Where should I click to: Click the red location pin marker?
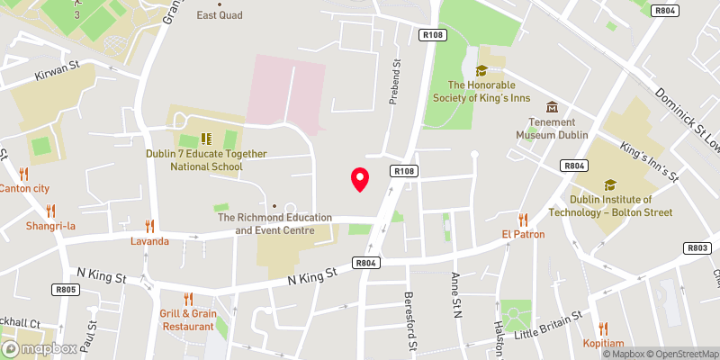[x=360, y=179]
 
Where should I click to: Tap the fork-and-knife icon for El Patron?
[x=523, y=220]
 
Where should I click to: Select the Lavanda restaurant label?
[x=149, y=241]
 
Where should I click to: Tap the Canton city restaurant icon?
[x=24, y=174]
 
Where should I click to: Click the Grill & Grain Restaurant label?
[x=188, y=319]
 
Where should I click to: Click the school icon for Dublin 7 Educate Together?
[x=206, y=139]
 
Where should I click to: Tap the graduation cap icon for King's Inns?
[x=481, y=70]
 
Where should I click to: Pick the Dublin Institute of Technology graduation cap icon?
[x=611, y=185]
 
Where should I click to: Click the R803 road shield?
[x=697, y=247]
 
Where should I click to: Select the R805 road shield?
[x=67, y=290]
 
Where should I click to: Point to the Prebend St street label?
[x=394, y=84]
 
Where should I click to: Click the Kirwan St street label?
[x=58, y=71]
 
